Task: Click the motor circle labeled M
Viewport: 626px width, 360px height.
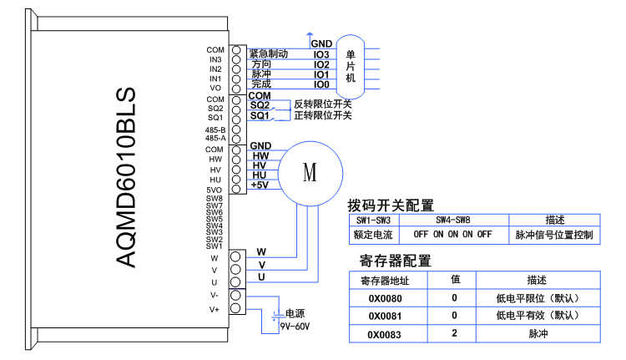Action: tap(310, 173)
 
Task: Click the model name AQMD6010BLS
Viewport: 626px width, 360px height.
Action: tap(125, 178)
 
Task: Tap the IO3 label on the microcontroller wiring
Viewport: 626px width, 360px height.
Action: tap(321, 54)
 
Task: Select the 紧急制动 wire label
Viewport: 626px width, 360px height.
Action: tap(269, 53)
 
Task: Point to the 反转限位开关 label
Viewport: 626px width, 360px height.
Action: tap(322, 104)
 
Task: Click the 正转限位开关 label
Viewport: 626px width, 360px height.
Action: tap(322, 115)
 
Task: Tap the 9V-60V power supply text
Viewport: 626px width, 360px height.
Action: tap(295, 326)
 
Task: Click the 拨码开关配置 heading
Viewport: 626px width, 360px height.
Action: tap(391, 205)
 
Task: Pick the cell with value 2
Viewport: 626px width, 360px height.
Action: tap(455, 334)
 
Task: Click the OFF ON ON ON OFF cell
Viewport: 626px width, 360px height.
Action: tap(453, 235)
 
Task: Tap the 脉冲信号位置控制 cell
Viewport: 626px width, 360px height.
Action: tap(553, 235)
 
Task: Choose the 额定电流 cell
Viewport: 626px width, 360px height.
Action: tap(374, 235)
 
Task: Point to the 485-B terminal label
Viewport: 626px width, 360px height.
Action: tap(215, 129)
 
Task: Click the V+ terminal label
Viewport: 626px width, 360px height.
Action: tap(215, 309)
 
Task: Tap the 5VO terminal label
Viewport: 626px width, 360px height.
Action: tap(215, 190)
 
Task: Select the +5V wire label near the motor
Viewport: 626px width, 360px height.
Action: tap(260, 185)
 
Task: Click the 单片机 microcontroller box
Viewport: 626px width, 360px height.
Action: tap(351, 66)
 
